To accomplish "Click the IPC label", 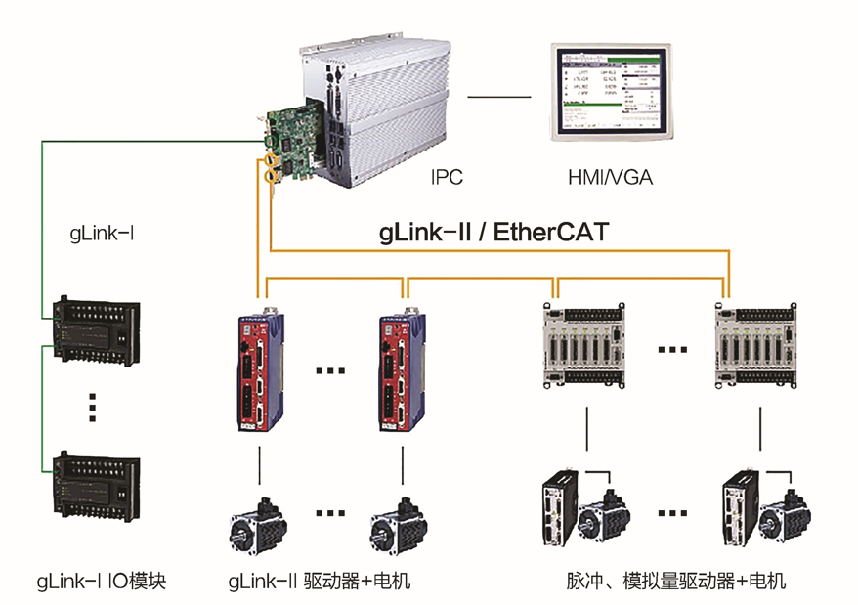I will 447,177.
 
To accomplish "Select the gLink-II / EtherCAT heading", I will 493,233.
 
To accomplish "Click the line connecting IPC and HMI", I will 497,97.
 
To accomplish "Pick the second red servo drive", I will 402,368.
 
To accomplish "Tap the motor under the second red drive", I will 399,523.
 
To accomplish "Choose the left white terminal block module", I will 584,343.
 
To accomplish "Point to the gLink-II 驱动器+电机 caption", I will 319,582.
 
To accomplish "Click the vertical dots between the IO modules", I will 93,407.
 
